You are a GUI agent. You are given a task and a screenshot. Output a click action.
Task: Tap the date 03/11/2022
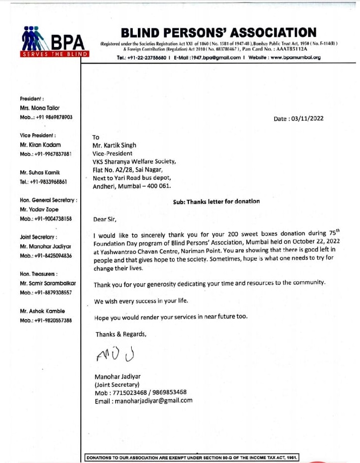[x=305, y=119]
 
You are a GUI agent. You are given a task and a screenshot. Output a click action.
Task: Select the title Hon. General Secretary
[x=48, y=200]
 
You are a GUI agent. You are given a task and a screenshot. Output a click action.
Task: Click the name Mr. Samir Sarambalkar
[x=47, y=283]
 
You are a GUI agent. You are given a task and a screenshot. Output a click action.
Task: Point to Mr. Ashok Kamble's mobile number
[x=46, y=320]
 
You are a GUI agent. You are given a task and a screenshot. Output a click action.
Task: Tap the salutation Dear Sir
[x=105, y=219]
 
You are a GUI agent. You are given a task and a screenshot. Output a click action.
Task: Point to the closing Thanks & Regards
[x=121, y=334]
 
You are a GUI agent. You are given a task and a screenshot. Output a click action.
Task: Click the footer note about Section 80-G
[x=192, y=457]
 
